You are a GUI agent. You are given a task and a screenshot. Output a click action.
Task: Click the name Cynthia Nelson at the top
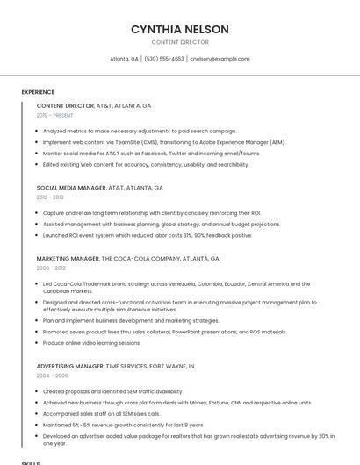pos(179,29)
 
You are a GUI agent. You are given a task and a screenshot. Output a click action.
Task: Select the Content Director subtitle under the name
pos(179,42)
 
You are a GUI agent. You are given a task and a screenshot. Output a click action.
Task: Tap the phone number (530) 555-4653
pos(164,59)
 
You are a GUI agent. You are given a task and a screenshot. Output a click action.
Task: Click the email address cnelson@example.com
pos(220,59)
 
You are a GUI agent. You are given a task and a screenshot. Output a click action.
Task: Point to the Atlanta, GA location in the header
pos(124,59)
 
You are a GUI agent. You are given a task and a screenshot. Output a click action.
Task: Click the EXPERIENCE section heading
pos(38,92)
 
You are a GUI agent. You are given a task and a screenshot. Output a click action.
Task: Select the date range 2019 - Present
pos(54,115)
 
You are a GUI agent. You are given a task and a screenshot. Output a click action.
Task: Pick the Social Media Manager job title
pos(71,188)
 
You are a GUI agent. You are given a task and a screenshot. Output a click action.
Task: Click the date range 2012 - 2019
pos(50,197)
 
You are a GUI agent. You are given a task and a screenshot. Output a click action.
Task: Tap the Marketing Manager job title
pos(68,259)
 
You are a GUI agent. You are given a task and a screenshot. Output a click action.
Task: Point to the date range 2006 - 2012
pos(50,268)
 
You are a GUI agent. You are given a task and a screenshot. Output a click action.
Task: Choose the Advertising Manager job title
pos(70,366)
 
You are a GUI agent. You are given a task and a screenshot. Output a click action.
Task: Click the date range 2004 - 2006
pos(52,376)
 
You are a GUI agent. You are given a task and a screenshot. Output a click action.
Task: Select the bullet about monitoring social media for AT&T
pos(151,153)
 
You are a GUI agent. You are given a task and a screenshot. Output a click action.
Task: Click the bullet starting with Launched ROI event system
pos(147,235)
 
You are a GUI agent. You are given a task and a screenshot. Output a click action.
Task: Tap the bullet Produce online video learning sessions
pos(91,343)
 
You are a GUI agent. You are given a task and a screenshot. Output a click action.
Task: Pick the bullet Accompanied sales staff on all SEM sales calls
pos(101,413)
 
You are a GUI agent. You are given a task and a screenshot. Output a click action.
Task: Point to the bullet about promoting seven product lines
pos(164,332)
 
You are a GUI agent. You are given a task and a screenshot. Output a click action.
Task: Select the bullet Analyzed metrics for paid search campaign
pos(139,131)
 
